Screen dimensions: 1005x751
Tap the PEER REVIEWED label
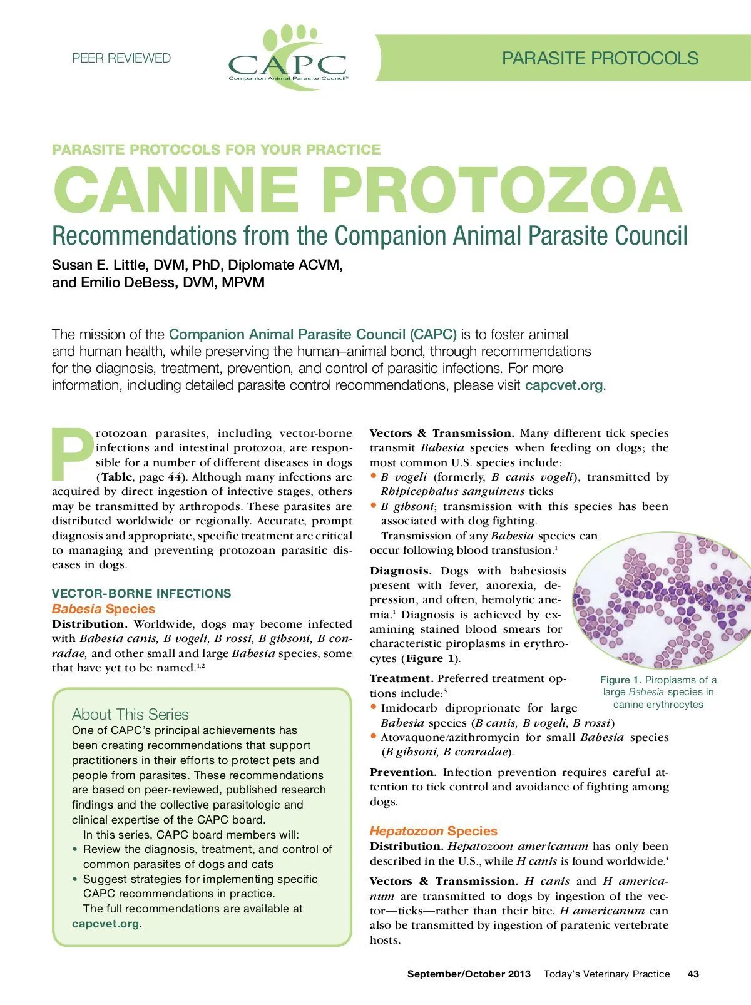[121, 58]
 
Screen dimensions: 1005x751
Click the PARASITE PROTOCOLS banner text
[600, 58]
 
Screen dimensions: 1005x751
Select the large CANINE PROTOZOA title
[368, 190]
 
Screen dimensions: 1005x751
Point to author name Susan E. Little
[101, 265]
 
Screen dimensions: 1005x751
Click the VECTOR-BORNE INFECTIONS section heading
[141, 593]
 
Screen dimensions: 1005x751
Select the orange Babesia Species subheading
[103, 609]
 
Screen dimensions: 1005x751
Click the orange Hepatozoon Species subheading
[433, 831]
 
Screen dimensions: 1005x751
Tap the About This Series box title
[130, 714]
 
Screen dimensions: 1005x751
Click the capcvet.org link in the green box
[105, 924]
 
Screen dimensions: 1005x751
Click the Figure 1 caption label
[620, 680]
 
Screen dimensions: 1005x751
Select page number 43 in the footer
[693, 974]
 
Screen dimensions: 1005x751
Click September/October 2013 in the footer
[469, 974]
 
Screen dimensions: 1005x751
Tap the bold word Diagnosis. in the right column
[401, 571]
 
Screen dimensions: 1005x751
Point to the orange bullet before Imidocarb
[374, 707]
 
